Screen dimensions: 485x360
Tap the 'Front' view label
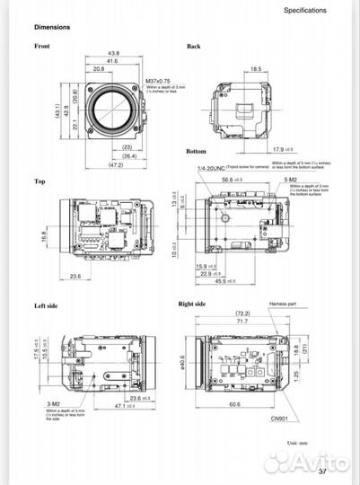(42, 46)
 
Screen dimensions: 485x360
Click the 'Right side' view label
(192, 304)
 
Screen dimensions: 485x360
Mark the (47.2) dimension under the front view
(115, 166)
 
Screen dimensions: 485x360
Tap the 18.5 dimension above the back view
(255, 68)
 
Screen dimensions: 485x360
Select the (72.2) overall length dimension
(241, 313)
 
